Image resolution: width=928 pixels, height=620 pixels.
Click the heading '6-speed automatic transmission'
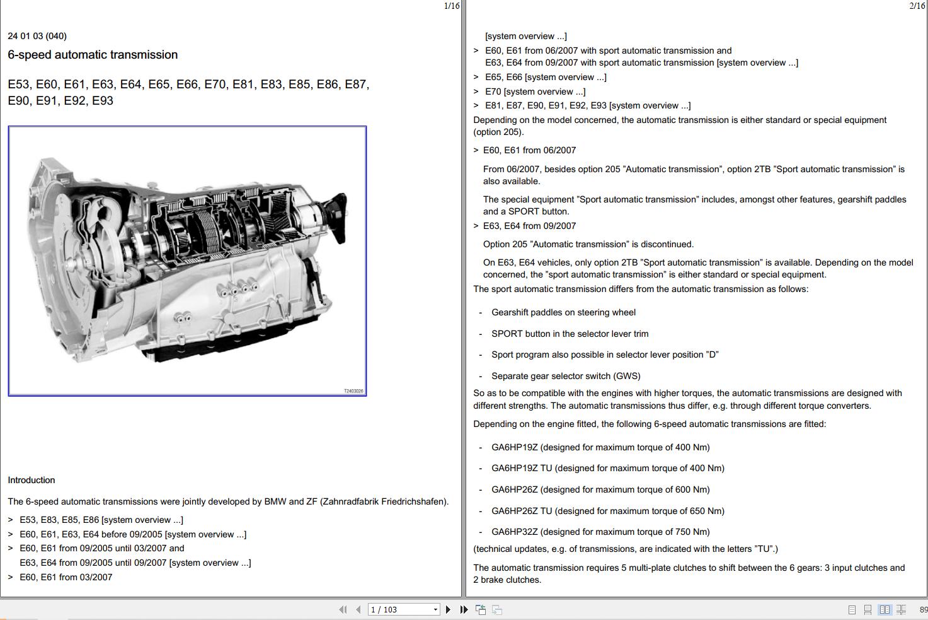pos(93,55)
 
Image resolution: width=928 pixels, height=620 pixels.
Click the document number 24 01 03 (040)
pos(37,36)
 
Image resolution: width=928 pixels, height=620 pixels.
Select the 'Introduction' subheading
pos(32,480)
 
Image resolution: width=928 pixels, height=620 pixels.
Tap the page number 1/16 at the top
pos(452,6)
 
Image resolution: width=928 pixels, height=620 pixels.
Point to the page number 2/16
pos(917,6)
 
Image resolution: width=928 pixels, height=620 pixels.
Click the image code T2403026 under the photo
pos(353,391)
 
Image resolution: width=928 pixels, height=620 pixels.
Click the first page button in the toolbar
pos(343,609)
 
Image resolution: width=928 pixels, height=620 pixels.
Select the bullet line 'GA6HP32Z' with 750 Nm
pos(600,532)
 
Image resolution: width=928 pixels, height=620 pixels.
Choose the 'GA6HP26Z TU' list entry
pos(608,511)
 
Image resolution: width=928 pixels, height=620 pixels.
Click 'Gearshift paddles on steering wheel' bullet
pos(563,312)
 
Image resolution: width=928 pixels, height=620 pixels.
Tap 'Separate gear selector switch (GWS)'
pos(566,376)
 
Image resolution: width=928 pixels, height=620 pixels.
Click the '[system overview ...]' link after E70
pos(544,91)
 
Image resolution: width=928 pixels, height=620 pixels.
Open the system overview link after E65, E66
pos(565,77)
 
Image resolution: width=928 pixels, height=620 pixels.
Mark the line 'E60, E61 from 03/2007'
pos(66,577)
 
